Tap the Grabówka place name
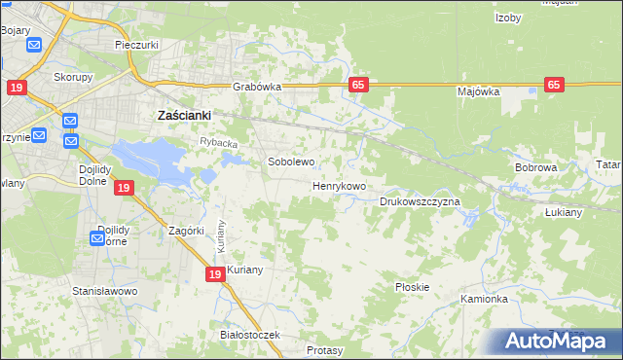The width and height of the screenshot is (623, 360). tap(257, 87)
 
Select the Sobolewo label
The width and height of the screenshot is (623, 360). tap(291, 162)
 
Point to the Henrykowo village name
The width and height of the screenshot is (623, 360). tap(339, 185)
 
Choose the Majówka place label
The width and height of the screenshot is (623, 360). tap(478, 91)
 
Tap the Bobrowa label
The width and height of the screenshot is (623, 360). tap(535, 167)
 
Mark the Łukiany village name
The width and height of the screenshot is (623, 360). tap(591, 212)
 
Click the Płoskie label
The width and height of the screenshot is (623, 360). tap(413, 287)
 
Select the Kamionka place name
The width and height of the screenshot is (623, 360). tap(485, 299)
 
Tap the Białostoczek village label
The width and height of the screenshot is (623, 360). tap(250, 335)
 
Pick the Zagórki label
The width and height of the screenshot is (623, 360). tap(185, 231)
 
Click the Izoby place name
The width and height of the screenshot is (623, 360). tap(509, 18)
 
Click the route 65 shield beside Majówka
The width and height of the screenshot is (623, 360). tap(555, 85)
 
